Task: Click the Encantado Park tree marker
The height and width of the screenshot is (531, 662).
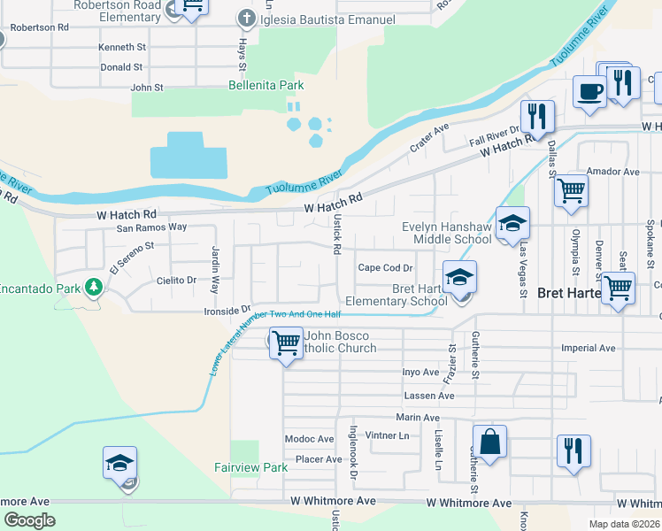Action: click(93, 288)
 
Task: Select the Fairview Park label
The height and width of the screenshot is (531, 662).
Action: click(251, 467)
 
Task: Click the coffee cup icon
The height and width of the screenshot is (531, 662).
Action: click(589, 89)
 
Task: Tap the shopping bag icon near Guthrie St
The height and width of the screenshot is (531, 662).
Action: click(489, 441)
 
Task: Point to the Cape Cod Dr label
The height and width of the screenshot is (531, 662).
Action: click(385, 268)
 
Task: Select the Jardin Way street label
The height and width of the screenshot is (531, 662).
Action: click(214, 271)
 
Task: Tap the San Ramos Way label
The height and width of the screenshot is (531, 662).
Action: click(152, 227)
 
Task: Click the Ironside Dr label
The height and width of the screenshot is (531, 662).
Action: click(227, 311)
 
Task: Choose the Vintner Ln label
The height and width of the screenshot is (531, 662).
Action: click(387, 435)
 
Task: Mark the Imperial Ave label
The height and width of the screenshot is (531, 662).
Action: click(588, 348)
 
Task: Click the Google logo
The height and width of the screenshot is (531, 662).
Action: click(29, 520)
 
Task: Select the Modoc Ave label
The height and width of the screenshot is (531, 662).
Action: click(309, 439)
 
